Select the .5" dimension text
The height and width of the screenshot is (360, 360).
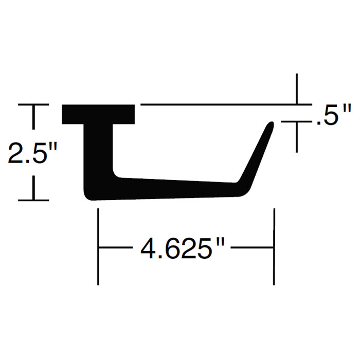tap(333, 116)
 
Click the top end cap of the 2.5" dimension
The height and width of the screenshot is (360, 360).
tap(34, 105)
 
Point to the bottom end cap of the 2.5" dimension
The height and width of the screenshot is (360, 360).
tap(34, 200)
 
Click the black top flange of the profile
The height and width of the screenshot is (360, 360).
tap(98, 114)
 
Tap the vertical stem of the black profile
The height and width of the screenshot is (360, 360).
tap(98, 154)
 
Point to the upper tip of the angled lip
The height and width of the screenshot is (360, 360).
tap(270, 124)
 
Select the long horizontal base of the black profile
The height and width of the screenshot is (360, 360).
tap(170, 189)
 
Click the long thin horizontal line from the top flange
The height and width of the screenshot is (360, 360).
tap(216, 105)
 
